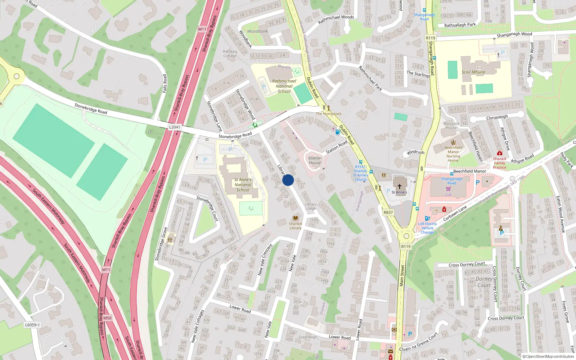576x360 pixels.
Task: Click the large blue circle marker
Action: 288,180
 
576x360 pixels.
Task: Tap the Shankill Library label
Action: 295,226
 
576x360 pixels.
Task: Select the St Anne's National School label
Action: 243,185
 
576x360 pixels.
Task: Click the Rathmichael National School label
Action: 284,86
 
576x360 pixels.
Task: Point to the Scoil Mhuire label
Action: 473,72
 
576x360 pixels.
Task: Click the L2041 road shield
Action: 175,127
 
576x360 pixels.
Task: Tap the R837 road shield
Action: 388,212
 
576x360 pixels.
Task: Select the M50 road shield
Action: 107,318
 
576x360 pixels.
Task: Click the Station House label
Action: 315,160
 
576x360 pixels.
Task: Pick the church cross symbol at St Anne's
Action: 399,186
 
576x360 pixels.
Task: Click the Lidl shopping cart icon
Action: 448,189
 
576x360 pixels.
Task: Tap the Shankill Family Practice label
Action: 499,163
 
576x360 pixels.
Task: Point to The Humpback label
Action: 329,114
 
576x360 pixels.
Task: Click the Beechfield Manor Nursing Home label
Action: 453,154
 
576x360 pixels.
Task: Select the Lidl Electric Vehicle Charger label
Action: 427,228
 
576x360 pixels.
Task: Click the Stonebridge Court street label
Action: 207,208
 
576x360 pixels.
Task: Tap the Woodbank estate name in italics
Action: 257,31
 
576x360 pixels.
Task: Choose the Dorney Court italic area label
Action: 484,282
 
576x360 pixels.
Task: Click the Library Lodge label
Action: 311,206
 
